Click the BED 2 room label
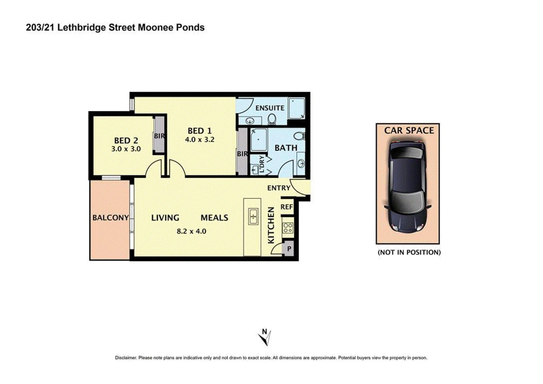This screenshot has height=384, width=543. coord(126,141)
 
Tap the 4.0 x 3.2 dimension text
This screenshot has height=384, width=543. coord(200,140)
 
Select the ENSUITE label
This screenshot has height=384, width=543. coord(270,108)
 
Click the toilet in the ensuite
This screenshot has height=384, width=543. coord(272,120)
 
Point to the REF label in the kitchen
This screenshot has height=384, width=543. coord(287,207)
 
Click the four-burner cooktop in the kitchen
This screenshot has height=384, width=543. coord(288,228)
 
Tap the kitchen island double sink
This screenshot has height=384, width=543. coord(253,216)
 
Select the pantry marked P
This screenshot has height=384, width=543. coord(289,249)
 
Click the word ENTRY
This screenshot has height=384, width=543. coord(279,188)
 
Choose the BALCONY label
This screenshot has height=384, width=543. coord(111,218)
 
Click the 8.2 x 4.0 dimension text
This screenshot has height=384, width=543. coord(191,231)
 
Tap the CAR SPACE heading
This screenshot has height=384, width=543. coord(409,131)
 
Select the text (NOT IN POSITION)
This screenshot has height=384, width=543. coord(409,252)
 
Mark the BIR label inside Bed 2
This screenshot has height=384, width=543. coord(159,136)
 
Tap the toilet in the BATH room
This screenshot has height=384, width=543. coord(300,136)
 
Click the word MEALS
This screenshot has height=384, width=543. coord(214,218)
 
